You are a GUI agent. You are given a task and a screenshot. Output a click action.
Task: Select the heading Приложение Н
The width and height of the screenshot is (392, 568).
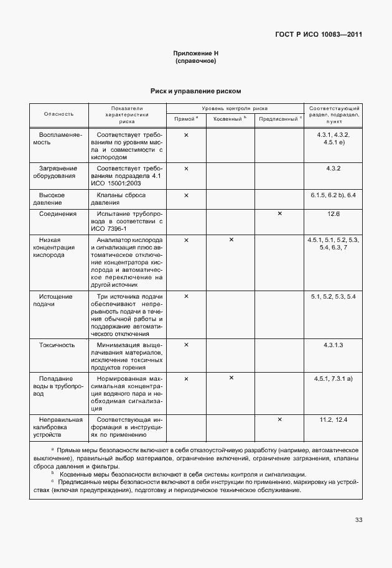pos(196,54)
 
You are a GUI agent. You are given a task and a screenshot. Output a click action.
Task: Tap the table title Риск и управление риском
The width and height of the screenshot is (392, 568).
pos(196,91)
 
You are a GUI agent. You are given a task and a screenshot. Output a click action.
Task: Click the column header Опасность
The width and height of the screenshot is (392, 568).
pos(58,114)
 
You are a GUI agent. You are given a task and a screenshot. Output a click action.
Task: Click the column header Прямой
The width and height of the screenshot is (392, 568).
pos(185,118)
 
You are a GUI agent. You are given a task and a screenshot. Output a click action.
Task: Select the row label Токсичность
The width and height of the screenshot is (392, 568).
pos(57,344)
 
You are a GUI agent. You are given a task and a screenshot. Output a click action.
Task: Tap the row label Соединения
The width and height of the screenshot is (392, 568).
pos(57,213)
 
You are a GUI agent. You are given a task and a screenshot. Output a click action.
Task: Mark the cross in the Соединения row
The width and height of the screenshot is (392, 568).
pos(279,213)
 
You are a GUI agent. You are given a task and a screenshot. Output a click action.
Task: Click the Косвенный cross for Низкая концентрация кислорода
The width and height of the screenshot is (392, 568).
pos(231,240)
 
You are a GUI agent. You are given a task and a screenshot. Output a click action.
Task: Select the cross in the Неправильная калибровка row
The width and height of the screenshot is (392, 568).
pos(279,419)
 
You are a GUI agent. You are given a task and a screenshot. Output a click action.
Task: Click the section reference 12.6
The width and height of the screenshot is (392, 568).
pos(334,213)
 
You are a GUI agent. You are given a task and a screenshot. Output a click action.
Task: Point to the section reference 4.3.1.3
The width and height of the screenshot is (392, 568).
pos(334,344)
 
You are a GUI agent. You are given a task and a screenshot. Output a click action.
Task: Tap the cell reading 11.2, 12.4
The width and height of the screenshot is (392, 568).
pos(334,420)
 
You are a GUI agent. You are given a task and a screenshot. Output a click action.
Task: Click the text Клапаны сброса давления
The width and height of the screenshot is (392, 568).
pos(126,199)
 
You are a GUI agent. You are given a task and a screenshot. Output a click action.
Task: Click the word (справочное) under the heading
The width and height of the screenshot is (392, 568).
pos(196,61)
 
